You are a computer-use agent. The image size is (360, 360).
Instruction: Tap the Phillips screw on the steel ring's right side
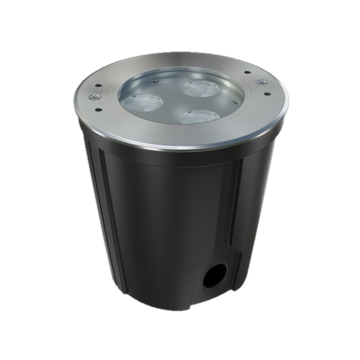tap(260, 81)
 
